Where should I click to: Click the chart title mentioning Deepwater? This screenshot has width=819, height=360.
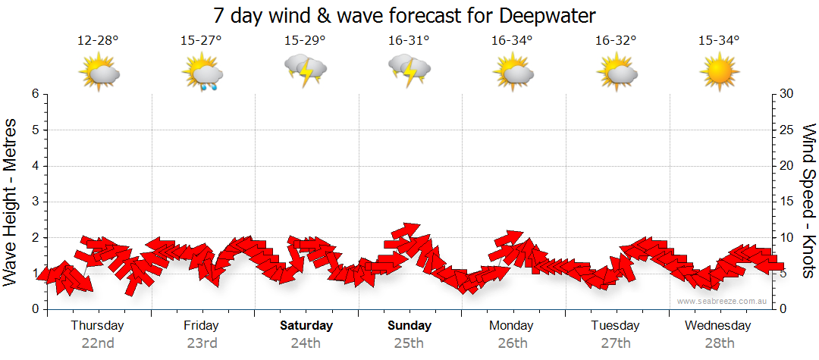coord(409,14)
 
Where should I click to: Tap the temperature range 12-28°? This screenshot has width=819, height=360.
coord(98,41)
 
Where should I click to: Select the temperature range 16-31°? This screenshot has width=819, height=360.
coord(409,41)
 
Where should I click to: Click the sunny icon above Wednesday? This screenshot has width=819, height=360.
coord(719,73)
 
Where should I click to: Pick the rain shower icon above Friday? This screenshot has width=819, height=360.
coord(202,74)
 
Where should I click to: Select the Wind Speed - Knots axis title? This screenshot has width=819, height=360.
coord(808,201)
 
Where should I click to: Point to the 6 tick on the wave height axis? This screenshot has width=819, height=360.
coord(35,94)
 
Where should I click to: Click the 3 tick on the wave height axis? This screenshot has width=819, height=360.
coord(35,202)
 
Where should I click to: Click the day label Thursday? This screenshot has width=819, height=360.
coord(97,325)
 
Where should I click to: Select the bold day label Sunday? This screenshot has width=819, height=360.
coord(409,325)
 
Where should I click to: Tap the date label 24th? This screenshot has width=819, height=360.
coord(305,343)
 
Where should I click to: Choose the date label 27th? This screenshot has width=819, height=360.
coord(616,343)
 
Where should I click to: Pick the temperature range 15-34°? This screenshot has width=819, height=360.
coord(719,41)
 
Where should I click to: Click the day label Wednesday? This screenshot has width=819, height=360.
coord(717,325)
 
